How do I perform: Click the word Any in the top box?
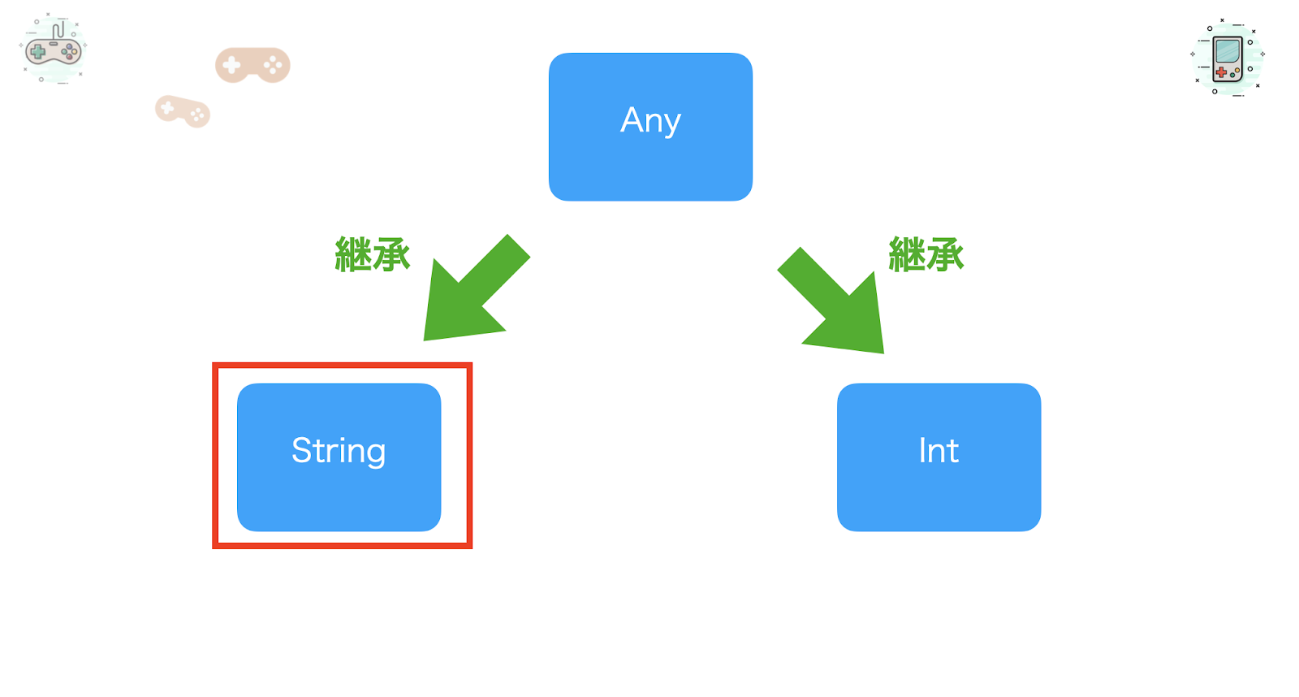(650, 121)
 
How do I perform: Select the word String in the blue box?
(339, 450)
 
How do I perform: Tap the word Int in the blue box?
(939, 450)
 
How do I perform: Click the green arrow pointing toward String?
(477, 288)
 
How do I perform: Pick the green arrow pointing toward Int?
(831, 300)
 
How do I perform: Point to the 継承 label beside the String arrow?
(373, 254)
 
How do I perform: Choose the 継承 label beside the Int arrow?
(926, 254)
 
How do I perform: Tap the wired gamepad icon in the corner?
(54, 48)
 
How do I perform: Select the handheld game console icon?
(1228, 58)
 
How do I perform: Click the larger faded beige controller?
(252, 65)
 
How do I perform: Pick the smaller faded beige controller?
(183, 110)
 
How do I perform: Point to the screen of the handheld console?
(1228, 51)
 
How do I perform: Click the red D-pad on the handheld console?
(1221, 72)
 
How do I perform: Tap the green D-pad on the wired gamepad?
(37, 52)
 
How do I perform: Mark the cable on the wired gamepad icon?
(58, 30)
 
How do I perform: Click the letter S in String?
(301, 450)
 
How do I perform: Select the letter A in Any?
(632, 119)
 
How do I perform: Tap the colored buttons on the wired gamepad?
(70, 52)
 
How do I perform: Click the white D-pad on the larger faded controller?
(232, 65)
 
